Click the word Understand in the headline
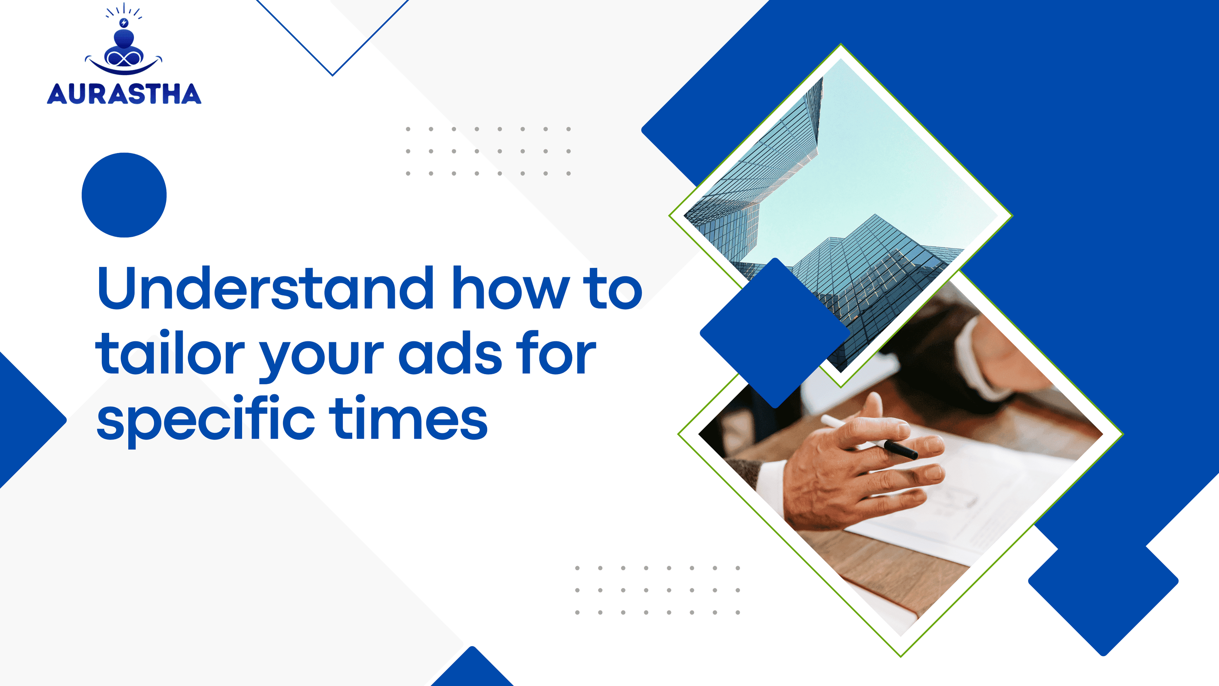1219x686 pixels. coord(266,288)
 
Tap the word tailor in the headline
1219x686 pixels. coord(170,353)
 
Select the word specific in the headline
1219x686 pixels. coord(205,418)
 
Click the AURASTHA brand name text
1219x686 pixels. coord(124,94)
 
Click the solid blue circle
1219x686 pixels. coord(124,195)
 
